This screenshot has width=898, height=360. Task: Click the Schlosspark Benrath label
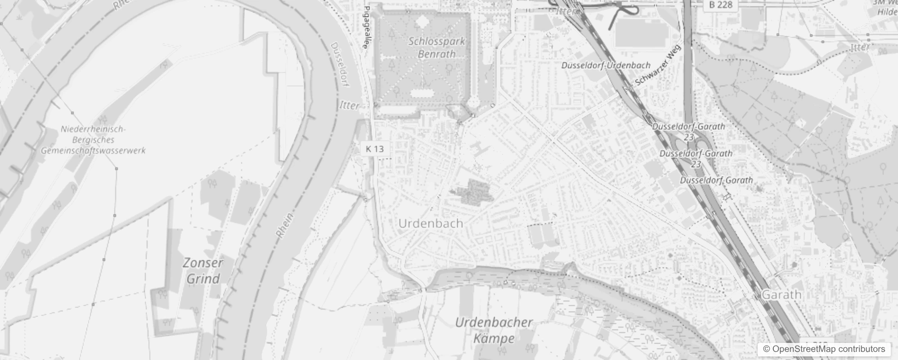pyautogui.click(x=436, y=47)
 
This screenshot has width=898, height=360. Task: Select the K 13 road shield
pyautogui.click(x=375, y=149)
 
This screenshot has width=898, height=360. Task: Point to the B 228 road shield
pyautogui.click(x=721, y=4)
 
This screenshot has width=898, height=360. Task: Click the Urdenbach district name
pyautogui.click(x=431, y=223)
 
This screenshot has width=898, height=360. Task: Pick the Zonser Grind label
pyautogui.click(x=203, y=271)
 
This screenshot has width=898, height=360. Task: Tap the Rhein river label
pyautogui.click(x=284, y=225)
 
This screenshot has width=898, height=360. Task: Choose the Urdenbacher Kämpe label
pyautogui.click(x=494, y=330)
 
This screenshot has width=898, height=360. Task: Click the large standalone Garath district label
pyautogui.click(x=781, y=295)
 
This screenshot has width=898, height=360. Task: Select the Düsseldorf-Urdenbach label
pyautogui.click(x=606, y=65)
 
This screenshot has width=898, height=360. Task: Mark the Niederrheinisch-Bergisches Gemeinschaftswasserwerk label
pyautogui.click(x=93, y=140)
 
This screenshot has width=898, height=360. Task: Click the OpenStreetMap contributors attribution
pyautogui.click(x=824, y=349)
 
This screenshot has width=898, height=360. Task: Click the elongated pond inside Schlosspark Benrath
pyautogui.click(x=422, y=93)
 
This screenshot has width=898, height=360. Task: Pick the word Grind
pyautogui.click(x=203, y=279)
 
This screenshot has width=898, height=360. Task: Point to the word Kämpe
pyautogui.click(x=494, y=338)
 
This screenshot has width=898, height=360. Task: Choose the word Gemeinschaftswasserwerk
pyautogui.click(x=93, y=150)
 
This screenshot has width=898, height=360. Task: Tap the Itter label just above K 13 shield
pyautogui.click(x=349, y=105)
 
